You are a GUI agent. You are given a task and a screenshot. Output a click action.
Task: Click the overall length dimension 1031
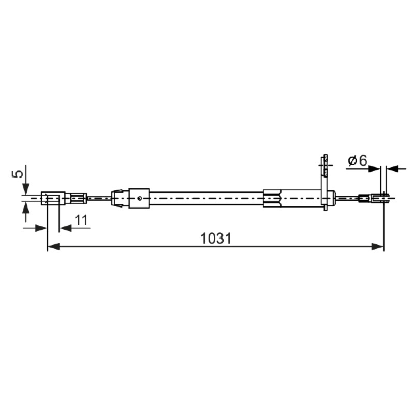coord(216,239)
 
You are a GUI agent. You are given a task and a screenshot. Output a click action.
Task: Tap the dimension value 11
coord(81,220)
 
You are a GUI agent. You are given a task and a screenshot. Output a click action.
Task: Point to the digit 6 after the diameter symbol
coord(363,160)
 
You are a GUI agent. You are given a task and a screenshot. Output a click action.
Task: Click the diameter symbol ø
coord(353,161)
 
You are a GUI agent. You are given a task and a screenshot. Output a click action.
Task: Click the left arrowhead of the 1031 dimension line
coord(53,247)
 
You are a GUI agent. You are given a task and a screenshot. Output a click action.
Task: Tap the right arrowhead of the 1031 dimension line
coord(377,247)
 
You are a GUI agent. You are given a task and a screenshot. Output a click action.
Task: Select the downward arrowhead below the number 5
coord(25,189)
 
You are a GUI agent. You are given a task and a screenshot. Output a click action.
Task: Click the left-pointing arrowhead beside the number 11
coord(66,228)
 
